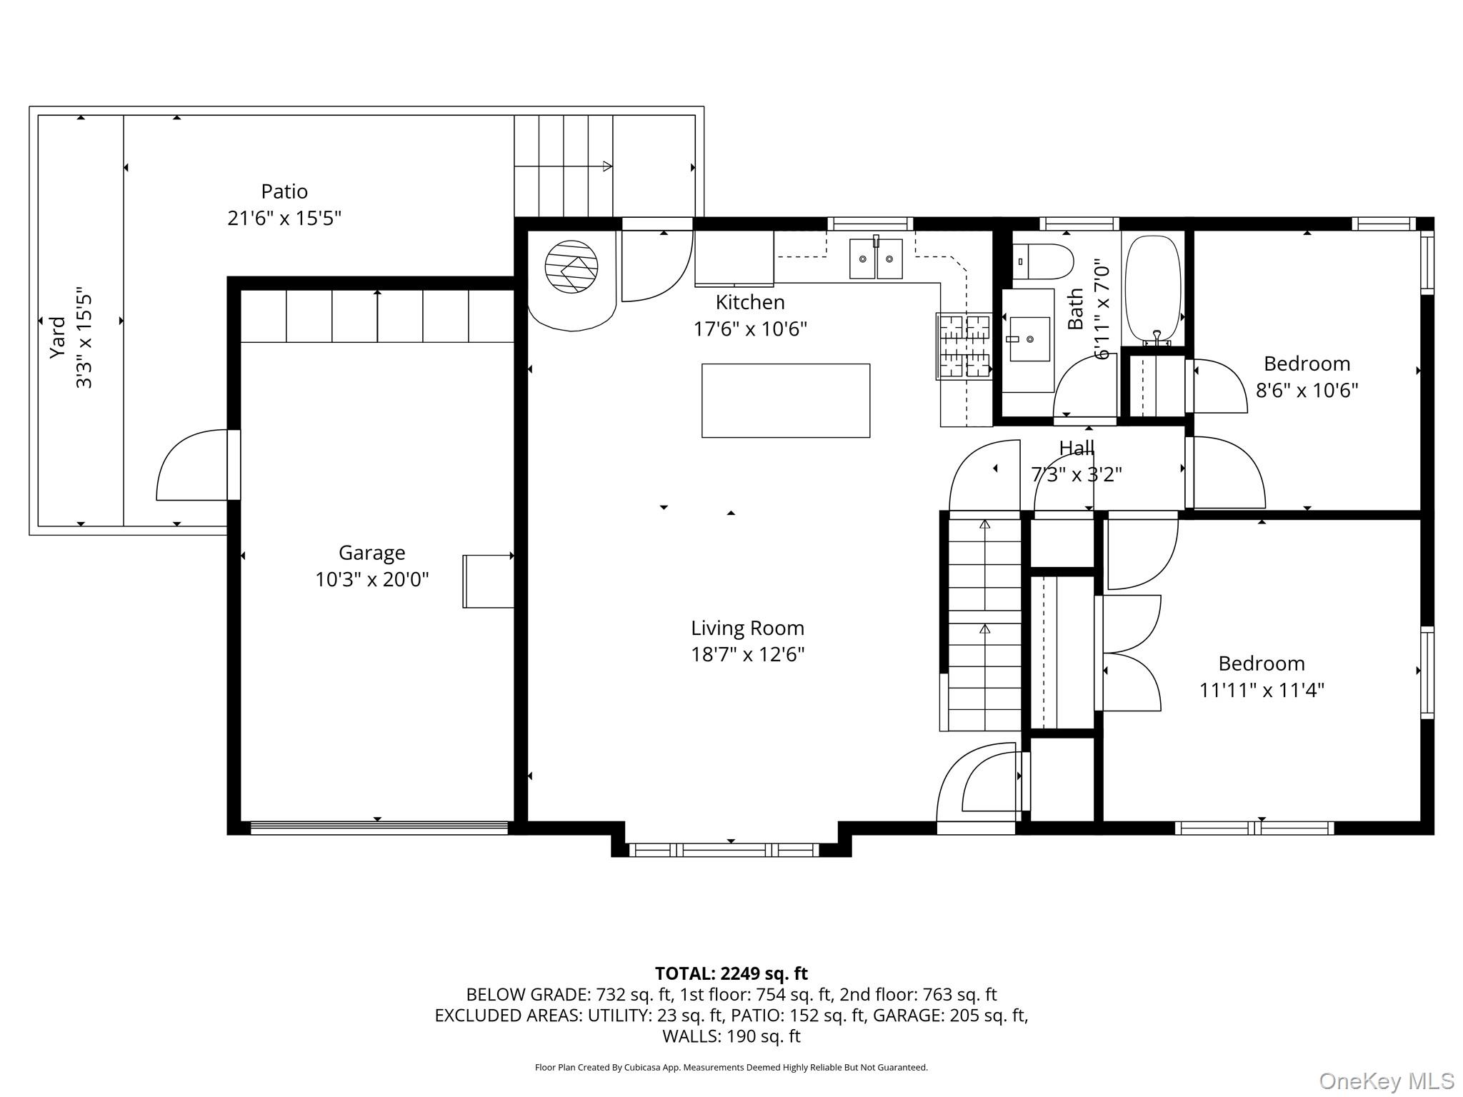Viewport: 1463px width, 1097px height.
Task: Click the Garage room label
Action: point(371,552)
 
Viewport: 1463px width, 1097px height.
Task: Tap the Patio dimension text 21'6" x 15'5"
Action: point(284,218)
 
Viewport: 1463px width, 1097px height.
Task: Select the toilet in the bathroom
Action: point(1043,262)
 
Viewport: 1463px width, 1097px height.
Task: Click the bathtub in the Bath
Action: point(1153,289)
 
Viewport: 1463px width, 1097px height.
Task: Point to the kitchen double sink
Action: point(876,258)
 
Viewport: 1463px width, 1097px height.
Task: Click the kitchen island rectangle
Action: point(786,401)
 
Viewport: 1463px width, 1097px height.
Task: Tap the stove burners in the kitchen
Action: point(964,346)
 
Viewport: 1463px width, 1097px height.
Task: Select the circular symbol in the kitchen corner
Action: point(571,266)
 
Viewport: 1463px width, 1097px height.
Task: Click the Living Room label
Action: point(747,628)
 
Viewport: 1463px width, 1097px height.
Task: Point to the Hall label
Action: point(1077,448)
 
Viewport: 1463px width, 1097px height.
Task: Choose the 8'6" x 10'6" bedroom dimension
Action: point(1307,391)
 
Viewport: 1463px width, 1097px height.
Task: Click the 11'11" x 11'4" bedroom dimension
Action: point(1262,690)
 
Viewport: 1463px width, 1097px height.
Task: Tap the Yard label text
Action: point(57,338)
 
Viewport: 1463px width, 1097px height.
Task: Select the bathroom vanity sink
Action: point(1029,339)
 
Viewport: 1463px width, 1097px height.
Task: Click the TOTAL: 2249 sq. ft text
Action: point(731,973)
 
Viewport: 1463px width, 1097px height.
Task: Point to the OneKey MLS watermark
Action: point(1386,1081)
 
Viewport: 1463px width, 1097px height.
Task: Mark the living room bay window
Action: point(724,850)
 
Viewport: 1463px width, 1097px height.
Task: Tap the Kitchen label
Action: point(750,302)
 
